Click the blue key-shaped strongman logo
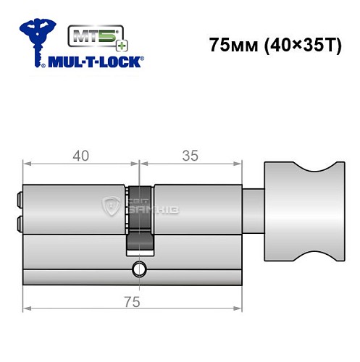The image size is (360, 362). (x=35, y=41)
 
